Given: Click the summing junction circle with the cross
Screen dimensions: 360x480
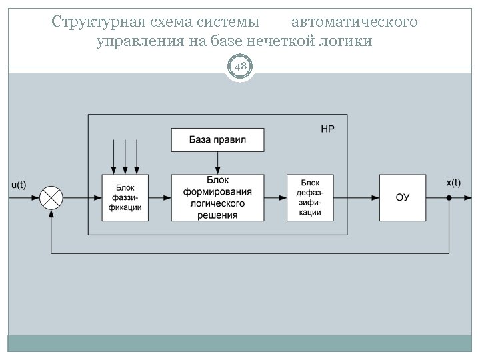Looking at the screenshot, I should coord(51,197).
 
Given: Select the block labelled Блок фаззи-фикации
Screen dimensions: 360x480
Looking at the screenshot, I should coord(125,197).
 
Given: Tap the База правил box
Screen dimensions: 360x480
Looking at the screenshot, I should coord(217,140).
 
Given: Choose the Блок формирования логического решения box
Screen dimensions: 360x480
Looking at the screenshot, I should coord(217,197).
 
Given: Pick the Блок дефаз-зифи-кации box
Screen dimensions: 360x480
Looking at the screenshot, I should coord(310,197).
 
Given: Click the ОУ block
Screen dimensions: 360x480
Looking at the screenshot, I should coord(402,197).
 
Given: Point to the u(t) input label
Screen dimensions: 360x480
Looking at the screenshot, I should coord(19,185).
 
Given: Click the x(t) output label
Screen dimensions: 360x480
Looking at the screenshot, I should coord(453,182).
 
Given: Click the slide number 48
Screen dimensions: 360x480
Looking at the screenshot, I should coord(240,67).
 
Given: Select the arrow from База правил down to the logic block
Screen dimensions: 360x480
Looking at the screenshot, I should coord(217,163).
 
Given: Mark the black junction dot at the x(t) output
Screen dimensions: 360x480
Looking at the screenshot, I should coord(449,198).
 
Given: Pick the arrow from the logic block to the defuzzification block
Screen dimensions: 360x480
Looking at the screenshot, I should coord(275,197).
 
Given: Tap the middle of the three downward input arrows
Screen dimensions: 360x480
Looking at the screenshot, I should coord(125,157).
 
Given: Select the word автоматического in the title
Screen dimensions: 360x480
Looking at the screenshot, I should coord(355,22).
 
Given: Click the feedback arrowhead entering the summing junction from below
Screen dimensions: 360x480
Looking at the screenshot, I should coord(51,213).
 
